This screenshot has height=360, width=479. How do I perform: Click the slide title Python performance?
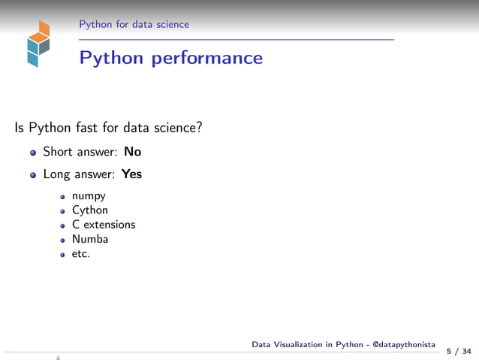point(171,58)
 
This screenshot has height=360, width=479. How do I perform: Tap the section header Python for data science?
point(134,25)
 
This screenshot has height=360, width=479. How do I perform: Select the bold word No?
point(133,152)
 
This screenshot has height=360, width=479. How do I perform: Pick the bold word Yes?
point(131,174)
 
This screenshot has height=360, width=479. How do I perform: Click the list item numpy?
point(89,196)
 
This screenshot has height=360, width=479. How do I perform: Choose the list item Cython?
point(90,210)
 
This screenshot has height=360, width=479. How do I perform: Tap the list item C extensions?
point(104,225)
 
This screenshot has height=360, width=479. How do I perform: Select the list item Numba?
point(90,239)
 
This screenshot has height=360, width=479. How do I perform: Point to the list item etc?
point(81,253)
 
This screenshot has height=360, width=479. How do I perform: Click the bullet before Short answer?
point(33,153)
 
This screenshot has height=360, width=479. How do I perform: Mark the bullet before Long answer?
point(33,175)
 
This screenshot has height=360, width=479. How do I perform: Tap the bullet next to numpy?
point(64,197)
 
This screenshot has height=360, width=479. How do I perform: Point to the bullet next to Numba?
point(64,240)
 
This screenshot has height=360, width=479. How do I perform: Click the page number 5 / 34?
point(459,351)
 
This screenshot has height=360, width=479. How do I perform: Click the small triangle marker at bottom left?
point(57,358)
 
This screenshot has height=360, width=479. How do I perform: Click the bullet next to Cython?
point(64,211)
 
